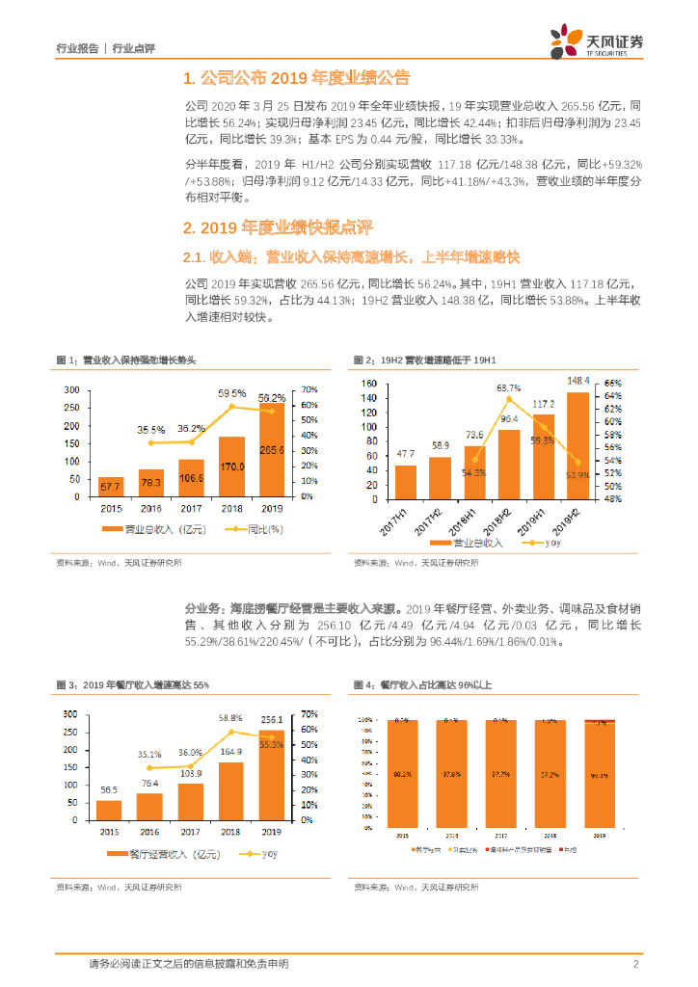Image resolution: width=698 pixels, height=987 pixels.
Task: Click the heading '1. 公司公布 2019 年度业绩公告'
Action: (x=296, y=78)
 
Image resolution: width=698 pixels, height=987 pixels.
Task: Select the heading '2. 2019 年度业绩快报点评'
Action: (x=278, y=227)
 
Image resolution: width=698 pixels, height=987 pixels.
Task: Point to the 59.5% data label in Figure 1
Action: (x=231, y=393)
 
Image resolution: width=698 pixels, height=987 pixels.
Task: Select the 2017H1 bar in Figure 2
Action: (x=406, y=480)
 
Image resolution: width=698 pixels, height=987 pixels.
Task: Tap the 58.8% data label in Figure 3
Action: (x=230, y=718)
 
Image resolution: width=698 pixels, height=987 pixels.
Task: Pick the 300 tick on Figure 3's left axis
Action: (x=69, y=714)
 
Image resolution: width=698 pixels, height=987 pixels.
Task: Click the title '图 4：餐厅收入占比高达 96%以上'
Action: (x=422, y=684)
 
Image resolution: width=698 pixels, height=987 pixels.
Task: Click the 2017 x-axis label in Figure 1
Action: (x=191, y=508)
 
